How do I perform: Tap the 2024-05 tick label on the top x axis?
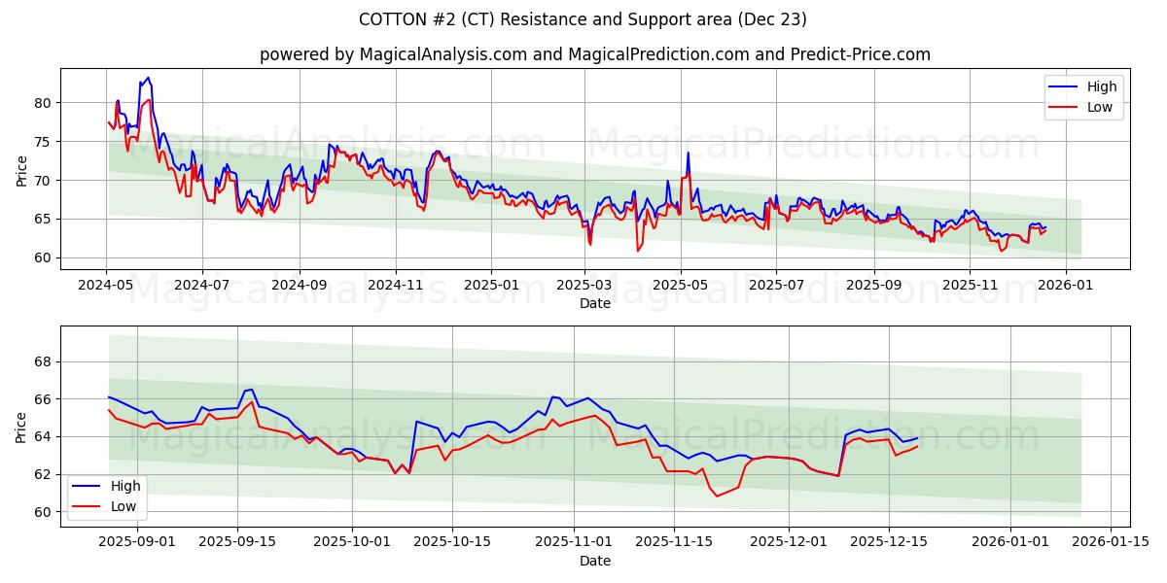tap(106, 286)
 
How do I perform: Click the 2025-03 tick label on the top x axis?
tap(586, 286)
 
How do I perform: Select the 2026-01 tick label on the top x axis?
tap(1066, 286)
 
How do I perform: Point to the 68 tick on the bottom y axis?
tap(44, 361)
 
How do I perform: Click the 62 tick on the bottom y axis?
tap(44, 474)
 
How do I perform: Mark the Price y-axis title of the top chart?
tap(21, 169)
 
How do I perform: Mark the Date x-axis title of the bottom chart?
tap(595, 561)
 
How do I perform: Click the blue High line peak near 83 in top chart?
tap(148, 78)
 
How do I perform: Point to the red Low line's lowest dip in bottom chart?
tap(718, 497)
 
